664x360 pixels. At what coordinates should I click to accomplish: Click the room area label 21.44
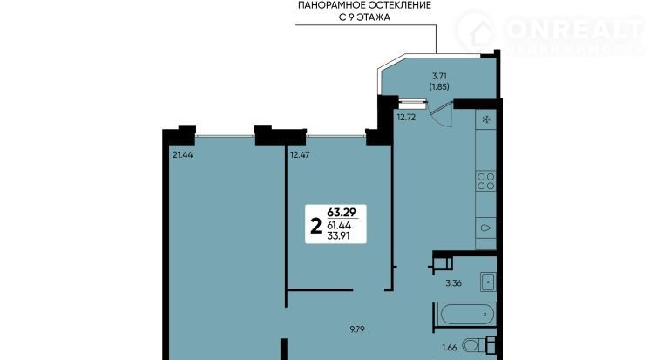coord(182,155)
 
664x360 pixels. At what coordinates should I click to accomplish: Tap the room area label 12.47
coord(300,155)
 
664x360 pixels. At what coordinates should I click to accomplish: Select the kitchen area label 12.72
coord(406,118)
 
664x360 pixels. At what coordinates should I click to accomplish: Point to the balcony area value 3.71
coord(439,76)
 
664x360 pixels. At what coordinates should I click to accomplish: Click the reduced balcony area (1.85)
coord(439,86)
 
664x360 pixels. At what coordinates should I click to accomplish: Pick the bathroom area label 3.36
coord(453,283)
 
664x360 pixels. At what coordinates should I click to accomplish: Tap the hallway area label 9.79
coord(357,329)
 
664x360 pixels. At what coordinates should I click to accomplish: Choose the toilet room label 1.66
coord(450,348)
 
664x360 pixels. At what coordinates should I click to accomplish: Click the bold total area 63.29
coord(342,212)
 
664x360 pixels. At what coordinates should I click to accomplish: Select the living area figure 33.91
coord(338,236)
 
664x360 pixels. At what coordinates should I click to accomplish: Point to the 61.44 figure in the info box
coord(339,226)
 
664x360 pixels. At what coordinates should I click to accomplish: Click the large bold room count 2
coord(316,226)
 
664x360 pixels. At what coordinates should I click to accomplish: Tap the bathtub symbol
coord(467,315)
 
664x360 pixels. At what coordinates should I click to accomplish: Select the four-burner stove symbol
coord(485,180)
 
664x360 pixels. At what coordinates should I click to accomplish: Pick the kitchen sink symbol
coord(485,228)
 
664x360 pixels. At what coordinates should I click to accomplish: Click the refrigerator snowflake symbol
coord(486,119)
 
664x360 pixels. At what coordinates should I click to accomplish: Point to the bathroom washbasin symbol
coord(488,282)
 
